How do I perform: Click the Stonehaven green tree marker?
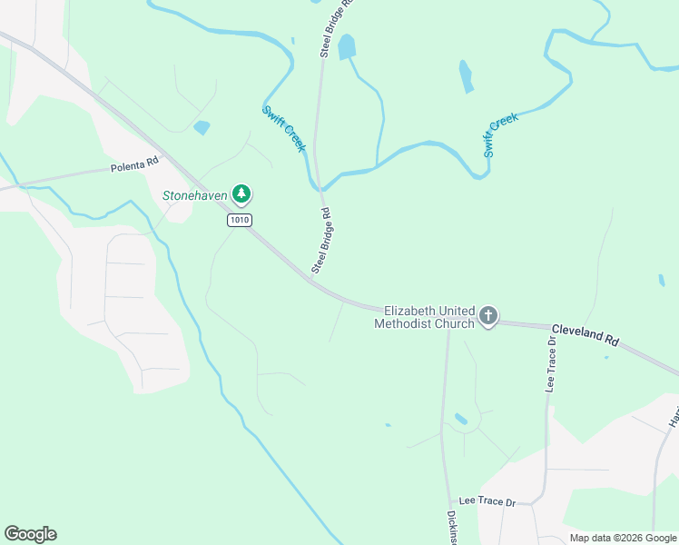[x=241, y=193]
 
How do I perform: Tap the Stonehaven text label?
[x=194, y=194]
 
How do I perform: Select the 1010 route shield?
[x=240, y=220]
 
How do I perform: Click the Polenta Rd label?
[x=134, y=167]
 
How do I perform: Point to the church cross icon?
[x=488, y=316]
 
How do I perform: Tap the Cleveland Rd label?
[x=586, y=333]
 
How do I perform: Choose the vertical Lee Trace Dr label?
[x=550, y=363]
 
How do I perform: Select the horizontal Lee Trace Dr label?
[x=487, y=501]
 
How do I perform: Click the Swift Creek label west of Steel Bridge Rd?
[x=284, y=128]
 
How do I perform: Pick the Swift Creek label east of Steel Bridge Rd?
[x=500, y=134]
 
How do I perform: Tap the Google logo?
[x=30, y=534]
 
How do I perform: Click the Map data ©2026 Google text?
[x=623, y=538]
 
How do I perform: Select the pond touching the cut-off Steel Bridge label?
[x=347, y=46]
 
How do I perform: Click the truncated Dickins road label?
[x=451, y=527]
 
